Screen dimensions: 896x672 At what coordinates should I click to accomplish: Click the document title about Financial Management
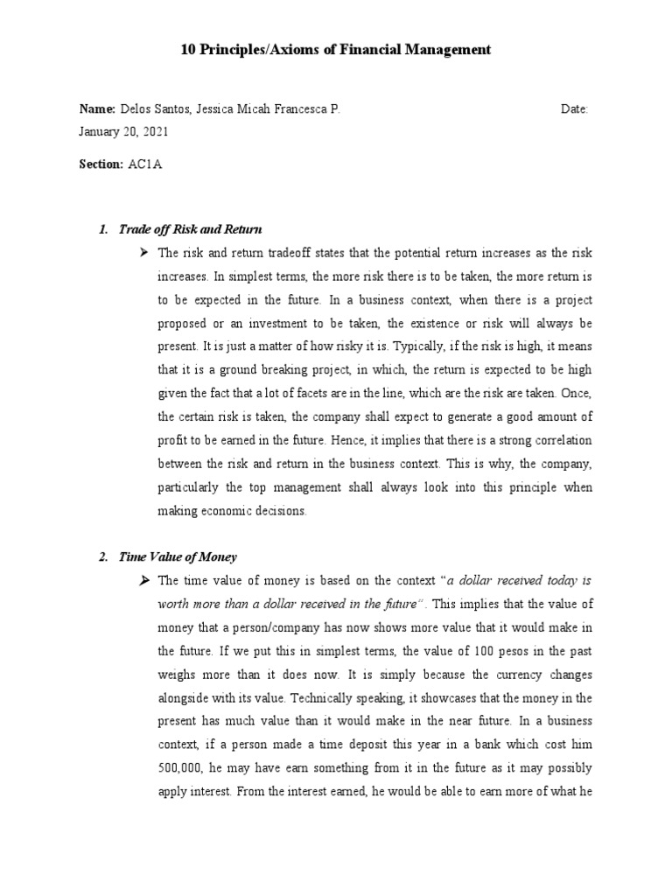click(x=336, y=51)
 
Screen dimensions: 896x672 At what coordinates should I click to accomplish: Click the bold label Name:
click(x=97, y=109)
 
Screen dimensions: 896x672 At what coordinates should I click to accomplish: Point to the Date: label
click(x=575, y=109)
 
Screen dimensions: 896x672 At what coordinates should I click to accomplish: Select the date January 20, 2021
click(x=123, y=132)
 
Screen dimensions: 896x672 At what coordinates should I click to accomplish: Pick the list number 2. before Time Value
click(x=102, y=556)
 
